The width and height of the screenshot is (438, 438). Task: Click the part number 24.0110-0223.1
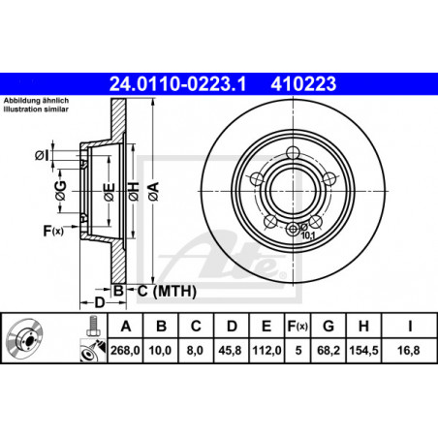(x=177, y=84)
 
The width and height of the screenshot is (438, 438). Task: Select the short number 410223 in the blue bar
(x=303, y=84)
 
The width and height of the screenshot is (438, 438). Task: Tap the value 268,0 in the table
(x=125, y=350)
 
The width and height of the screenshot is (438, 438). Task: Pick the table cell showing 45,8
(x=230, y=350)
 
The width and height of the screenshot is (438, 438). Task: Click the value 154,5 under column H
(x=363, y=350)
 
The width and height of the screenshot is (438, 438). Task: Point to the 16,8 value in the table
(x=409, y=350)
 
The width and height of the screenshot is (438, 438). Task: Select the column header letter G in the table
(x=328, y=327)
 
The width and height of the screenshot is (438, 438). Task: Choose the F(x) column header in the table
(x=297, y=327)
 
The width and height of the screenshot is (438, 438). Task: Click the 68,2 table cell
(x=328, y=350)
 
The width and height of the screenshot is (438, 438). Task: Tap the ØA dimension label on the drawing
(x=154, y=191)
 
